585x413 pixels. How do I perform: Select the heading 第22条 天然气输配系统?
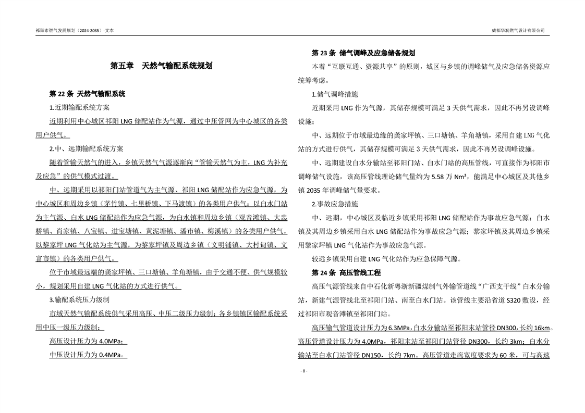tap(87, 94)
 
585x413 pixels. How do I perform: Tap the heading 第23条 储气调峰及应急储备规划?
tap(363, 53)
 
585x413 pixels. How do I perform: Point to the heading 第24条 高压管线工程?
tap(346, 272)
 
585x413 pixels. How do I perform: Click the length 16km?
tap(541, 328)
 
